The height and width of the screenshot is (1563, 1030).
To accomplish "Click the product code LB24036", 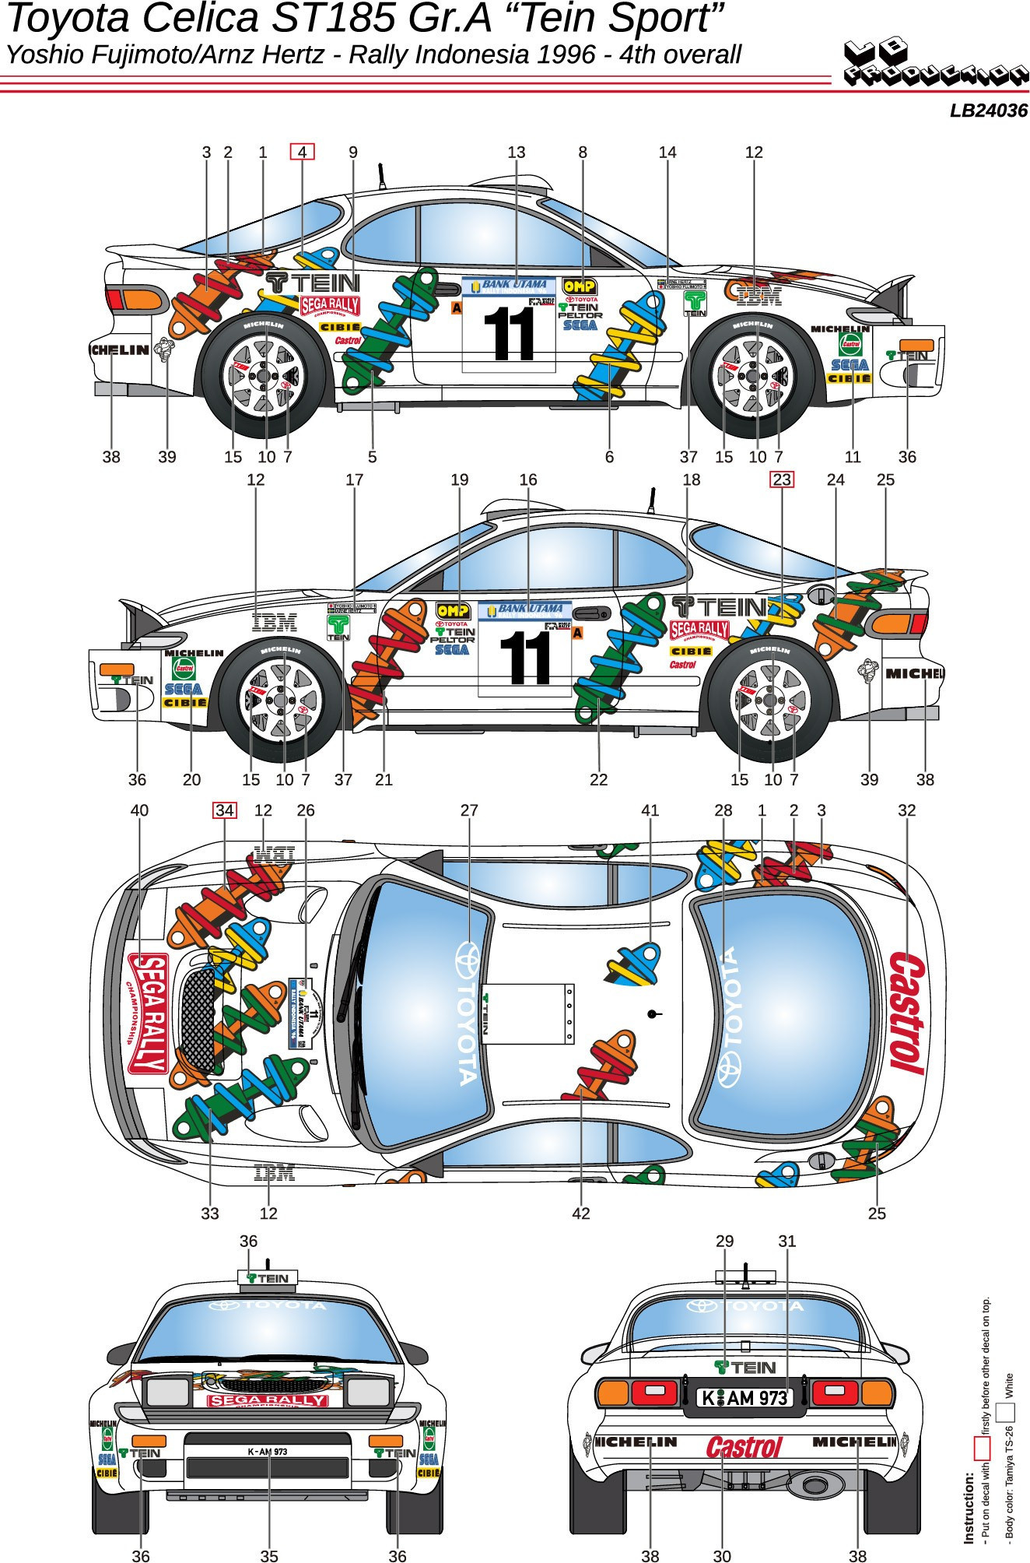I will click(988, 111).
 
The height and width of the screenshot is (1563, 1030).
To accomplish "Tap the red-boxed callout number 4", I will click(302, 152).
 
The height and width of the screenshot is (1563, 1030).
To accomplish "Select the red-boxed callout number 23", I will click(781, 479).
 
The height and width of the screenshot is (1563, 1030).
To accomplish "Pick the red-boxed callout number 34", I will click(224, 810).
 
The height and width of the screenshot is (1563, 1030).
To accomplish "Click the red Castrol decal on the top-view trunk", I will click(907, 1012).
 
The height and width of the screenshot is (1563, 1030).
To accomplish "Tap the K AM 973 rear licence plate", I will click(744, 1398).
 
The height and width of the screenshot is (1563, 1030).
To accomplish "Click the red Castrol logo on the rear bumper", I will click(744, 1447).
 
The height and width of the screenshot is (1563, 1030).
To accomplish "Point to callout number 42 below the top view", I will click(580, 1213).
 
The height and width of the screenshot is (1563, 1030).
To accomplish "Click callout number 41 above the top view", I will click(650, 810).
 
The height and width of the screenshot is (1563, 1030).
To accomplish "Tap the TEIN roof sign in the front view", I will click(268, 1278).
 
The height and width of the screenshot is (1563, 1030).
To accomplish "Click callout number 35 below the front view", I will click(268, 1556).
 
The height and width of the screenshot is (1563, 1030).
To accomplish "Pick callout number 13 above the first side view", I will click(517, 153).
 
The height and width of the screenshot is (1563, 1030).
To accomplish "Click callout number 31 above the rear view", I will click(787, 1241).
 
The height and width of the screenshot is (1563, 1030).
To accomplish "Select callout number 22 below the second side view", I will click(598, 779).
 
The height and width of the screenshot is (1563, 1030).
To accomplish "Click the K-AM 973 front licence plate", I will click(268, 1452).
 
